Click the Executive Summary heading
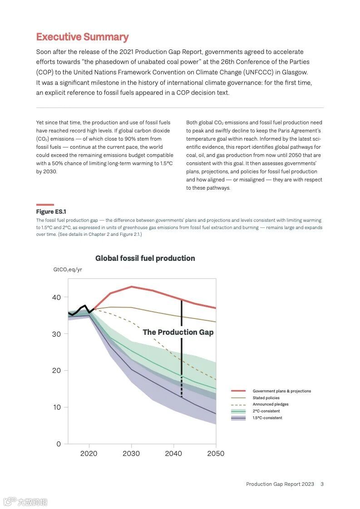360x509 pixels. [x=82, y=37]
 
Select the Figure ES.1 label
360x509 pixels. [x=51, y=212]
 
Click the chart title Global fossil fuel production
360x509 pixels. [x=145, y=258]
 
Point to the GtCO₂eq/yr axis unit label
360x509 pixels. [x=68, y=269]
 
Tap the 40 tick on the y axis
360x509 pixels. [x=56, y=297]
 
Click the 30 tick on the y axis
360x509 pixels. [x=56, y=334]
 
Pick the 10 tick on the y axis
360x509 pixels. [x=56, y=407]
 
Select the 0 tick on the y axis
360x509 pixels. [x=59, y=444]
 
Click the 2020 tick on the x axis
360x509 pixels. [x=89, y=454]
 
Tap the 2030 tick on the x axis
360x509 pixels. [x=131, y=454]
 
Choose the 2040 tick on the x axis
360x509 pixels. [x=173, y=454]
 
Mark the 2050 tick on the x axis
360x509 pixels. [x=216, y=454]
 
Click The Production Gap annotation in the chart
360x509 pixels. [x=178, y=332]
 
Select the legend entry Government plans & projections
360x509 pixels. [x=281, y=391]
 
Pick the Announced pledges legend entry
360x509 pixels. [x=271, y=404]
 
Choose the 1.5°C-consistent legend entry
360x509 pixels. [x=267, y=418]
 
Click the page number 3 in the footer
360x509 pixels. [x=322, y=484]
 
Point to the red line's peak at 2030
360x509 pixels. [x=131, y=287]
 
